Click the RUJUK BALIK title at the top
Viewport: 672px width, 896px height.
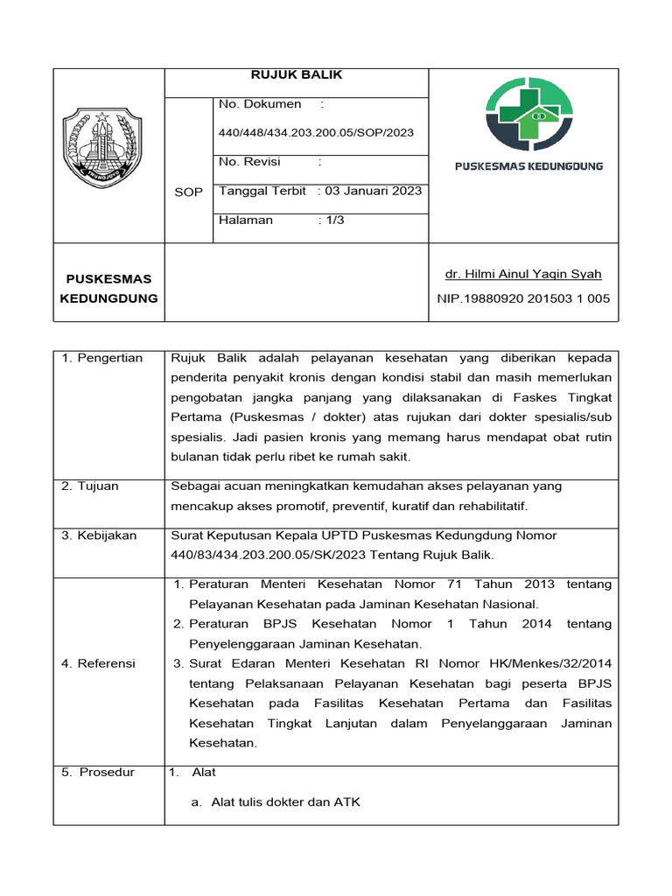click(x=297, y=75)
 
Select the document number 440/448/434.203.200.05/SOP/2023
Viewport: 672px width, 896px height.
click(x=316, y=133)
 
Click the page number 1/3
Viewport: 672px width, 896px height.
click(x=335, y=220)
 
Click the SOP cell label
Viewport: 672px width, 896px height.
click(x=188, y=192)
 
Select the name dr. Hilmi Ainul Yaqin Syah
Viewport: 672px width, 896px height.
click(x=523, y=275)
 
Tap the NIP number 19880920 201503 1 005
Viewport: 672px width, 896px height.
click(x=523, y=298)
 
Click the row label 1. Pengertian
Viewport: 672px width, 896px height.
click(x=101, y=359)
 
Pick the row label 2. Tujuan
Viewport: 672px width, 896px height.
click(x=90, y=486)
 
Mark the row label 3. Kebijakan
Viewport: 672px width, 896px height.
click(x=99, y=535)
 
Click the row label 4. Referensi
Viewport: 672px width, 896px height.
click(x=98, y=664)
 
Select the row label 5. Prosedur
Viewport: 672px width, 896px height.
click(x=98, y=773)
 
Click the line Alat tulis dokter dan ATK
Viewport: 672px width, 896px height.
click(x=285, y=802)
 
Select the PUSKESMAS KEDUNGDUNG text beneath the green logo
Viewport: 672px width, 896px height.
click(x=528, y=166)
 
